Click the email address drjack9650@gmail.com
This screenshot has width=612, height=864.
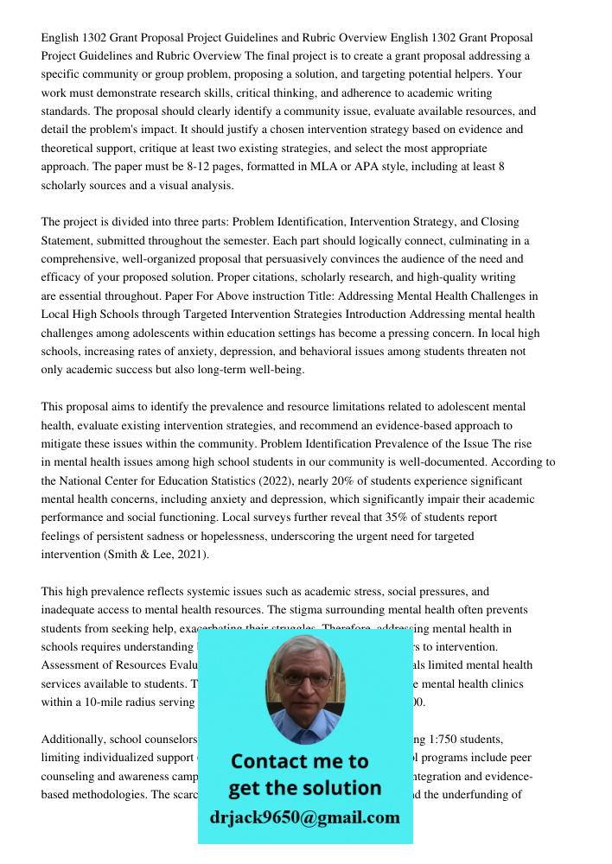point(304,817)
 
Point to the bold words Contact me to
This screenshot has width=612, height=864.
point(300,761)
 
